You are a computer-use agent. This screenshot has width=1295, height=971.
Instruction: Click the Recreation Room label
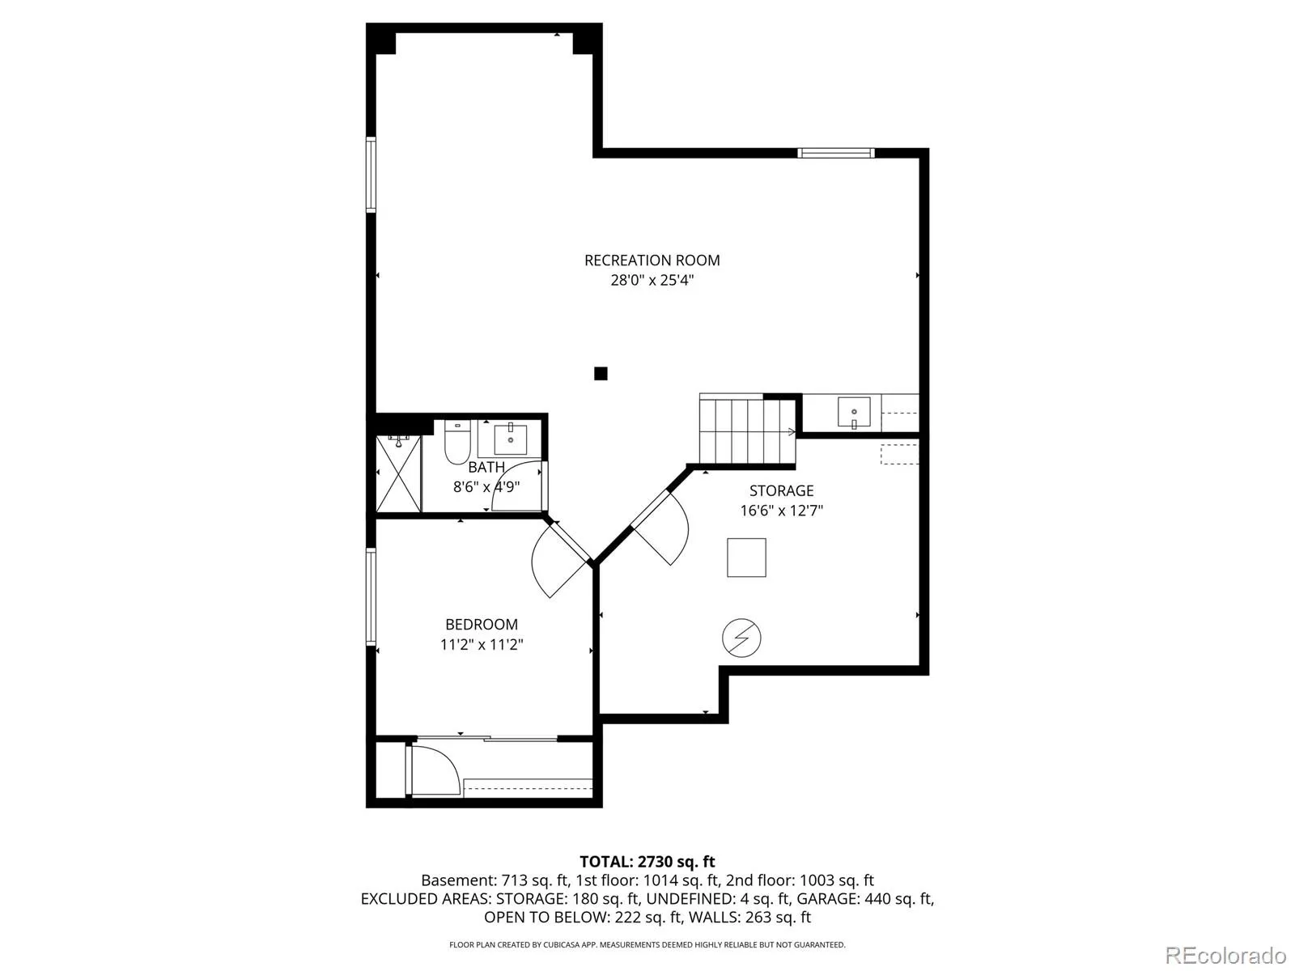point(652,260)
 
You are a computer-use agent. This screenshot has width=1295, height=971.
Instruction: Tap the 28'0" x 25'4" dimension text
point(652,280)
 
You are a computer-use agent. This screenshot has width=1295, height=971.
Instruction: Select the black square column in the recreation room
point(601,373)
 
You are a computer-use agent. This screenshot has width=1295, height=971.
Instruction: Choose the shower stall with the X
point(399,474)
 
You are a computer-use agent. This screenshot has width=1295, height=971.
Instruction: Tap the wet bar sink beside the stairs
point(854,412)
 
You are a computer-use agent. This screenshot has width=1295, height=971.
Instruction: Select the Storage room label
point(781,490)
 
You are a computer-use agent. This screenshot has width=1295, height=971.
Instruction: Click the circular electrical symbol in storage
point(741,638)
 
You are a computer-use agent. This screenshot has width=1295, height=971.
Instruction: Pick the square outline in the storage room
point(746,558)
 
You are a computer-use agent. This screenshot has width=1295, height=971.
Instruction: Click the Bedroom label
point(482,625)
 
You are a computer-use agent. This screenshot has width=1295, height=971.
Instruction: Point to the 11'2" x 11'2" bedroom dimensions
point(482,644)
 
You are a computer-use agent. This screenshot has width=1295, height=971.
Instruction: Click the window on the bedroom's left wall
point(371,596)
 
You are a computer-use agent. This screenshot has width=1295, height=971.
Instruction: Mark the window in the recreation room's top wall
point(835,153)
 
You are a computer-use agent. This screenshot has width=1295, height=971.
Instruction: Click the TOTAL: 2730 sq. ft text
point(647,862)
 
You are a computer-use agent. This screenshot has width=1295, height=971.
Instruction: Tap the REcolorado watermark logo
point(1225,955)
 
